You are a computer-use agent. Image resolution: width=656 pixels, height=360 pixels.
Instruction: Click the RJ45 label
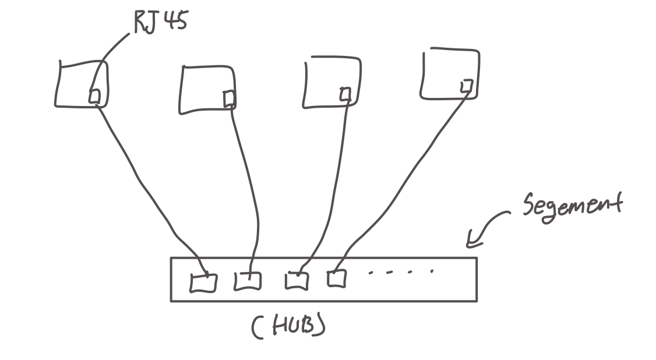tap(160, 23)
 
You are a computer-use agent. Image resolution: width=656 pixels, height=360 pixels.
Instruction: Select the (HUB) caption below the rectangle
tap(288, 327)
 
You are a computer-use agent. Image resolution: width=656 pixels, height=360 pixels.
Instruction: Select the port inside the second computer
tap(230, 99)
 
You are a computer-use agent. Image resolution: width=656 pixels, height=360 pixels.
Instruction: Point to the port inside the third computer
tap(345, 93)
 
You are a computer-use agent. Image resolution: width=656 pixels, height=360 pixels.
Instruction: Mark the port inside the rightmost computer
tap(465, 86)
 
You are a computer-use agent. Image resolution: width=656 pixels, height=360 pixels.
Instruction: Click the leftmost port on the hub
tap(203, 283)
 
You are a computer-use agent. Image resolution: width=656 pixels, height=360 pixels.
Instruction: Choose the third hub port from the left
tap(296, 280)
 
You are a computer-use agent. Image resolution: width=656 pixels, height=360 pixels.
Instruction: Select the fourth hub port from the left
tap(336, 278)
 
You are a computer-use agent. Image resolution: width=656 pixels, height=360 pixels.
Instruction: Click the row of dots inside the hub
tap(400, 271)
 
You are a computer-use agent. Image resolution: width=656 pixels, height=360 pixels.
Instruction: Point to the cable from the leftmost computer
tap(146, 186)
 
